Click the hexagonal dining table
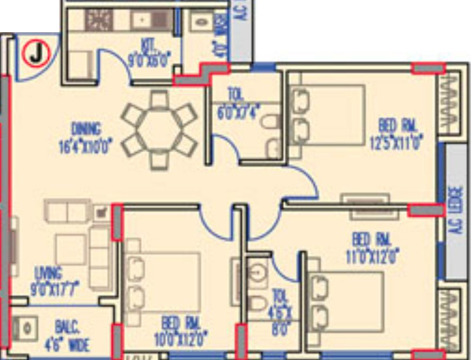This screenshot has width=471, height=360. click(160, 129)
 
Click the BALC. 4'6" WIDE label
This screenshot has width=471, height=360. click(66, 337)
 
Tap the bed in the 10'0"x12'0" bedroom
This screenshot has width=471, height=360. click(163, 282)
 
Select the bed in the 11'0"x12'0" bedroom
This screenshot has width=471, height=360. click(346, 302)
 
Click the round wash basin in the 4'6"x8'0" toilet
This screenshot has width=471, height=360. click(257, 273)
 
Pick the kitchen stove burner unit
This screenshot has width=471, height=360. click(99, 20)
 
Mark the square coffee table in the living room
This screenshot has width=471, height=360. click(70, 249)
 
